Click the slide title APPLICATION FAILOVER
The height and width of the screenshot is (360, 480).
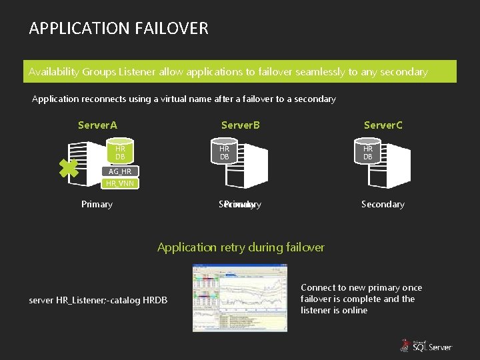(119, 28)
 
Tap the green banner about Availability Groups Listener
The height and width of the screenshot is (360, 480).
(240, 71)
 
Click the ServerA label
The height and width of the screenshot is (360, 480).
(97, 125)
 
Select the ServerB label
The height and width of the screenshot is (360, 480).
(241, 125)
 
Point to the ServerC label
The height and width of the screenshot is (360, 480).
(383, 125)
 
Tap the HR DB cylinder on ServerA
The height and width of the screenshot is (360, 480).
(120, 152)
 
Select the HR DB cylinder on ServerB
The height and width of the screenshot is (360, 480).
(225, 152)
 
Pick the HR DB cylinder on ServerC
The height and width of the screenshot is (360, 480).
(368, 152)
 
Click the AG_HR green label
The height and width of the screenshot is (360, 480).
(120, 171)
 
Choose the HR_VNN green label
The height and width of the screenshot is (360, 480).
(120, 183)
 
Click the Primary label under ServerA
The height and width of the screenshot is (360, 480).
(97, 204)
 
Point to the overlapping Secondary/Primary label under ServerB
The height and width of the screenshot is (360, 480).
(240, 204)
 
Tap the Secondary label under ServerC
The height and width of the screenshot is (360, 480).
(383, 204)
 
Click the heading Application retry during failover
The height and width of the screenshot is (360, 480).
(241, 247)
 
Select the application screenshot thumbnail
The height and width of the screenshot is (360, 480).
(240, 297)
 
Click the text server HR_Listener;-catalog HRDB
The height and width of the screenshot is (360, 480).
(98, 301)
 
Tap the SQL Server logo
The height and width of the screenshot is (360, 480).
(426, 345)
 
